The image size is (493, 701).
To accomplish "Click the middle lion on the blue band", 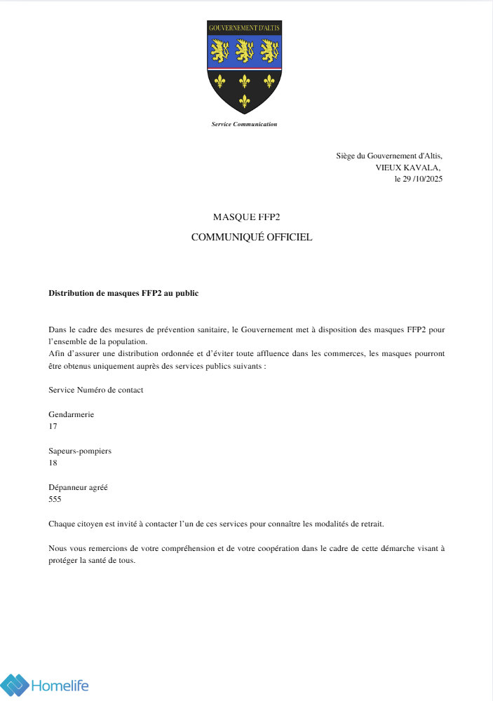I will (245, 50).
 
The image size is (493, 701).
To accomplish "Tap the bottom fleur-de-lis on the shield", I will (245, 101).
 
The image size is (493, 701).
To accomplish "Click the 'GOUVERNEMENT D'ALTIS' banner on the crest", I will (244, 28).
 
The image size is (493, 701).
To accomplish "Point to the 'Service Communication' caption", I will (244, 124).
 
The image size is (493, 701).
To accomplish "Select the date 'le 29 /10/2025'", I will (419, 179).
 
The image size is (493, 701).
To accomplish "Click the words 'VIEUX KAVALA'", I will (407, 168).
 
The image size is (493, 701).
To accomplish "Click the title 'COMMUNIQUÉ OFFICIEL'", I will (252, 237).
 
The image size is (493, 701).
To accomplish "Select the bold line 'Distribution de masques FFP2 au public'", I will (123, 293).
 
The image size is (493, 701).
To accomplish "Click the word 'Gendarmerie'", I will (71, 414).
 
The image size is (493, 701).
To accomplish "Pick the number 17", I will (53, 426).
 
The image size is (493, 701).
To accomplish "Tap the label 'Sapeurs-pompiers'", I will (80, 451).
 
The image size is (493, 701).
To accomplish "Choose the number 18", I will (53, 463).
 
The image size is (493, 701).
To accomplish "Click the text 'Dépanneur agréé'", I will (78, 487).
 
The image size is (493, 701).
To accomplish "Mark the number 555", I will (55, 499).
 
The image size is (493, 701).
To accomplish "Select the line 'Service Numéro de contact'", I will (95, 390).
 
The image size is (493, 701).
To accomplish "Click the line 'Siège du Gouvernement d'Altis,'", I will (389, 156).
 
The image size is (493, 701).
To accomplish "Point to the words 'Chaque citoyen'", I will (74, 524).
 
